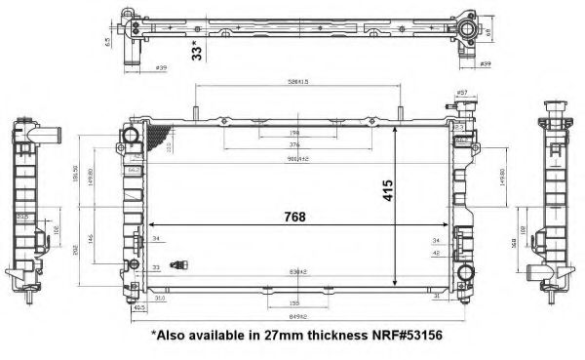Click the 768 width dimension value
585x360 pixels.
(x=280, y=217)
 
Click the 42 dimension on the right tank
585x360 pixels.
(x=436, y=253)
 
